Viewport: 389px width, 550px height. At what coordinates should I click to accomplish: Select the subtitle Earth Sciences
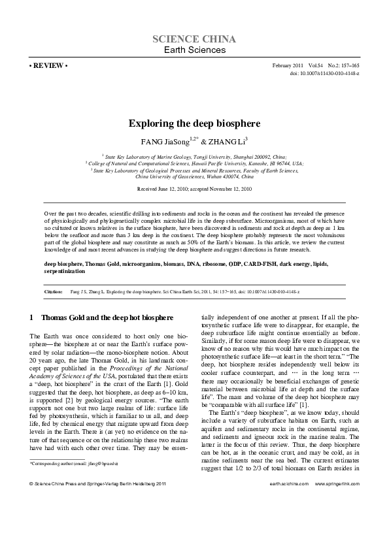click(194, 50)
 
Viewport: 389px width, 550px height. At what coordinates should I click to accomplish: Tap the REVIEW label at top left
click(48, 67)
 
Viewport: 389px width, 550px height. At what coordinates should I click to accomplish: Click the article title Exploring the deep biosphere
click(194, 122)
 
